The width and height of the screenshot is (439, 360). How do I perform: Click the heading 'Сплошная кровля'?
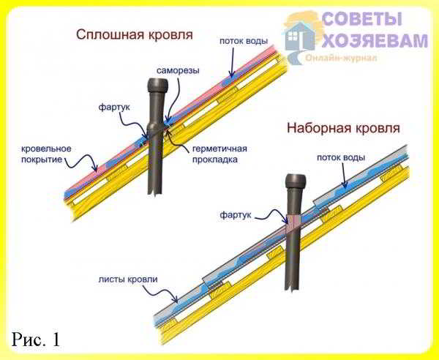[135, 35]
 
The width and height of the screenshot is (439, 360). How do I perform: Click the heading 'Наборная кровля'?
[344, 128]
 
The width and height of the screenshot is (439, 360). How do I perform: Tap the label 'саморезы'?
[178, 70]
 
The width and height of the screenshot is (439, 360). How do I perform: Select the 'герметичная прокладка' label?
[219, 154]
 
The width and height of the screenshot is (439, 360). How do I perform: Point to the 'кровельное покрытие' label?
[46, 154]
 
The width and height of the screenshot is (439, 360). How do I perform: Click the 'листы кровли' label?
[128, 280]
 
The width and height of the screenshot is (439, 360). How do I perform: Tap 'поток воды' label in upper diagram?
[244, 41]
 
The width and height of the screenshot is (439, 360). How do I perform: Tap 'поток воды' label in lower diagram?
[341, 157]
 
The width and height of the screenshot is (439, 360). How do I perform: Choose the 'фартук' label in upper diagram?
[114, 108]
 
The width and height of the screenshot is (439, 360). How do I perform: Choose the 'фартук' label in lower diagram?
[236, 215]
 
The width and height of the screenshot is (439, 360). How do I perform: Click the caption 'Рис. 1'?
[36, 340]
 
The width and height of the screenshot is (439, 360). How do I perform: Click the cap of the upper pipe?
[158, 85]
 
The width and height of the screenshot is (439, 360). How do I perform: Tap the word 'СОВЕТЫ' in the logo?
[362, 19]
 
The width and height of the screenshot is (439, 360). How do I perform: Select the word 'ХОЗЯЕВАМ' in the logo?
[375, 40]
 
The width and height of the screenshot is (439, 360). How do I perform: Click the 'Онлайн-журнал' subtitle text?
[341, 58]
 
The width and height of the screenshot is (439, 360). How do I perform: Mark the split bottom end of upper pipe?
[155, 191]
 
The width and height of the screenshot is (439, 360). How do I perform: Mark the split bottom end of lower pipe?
[293, 287]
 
